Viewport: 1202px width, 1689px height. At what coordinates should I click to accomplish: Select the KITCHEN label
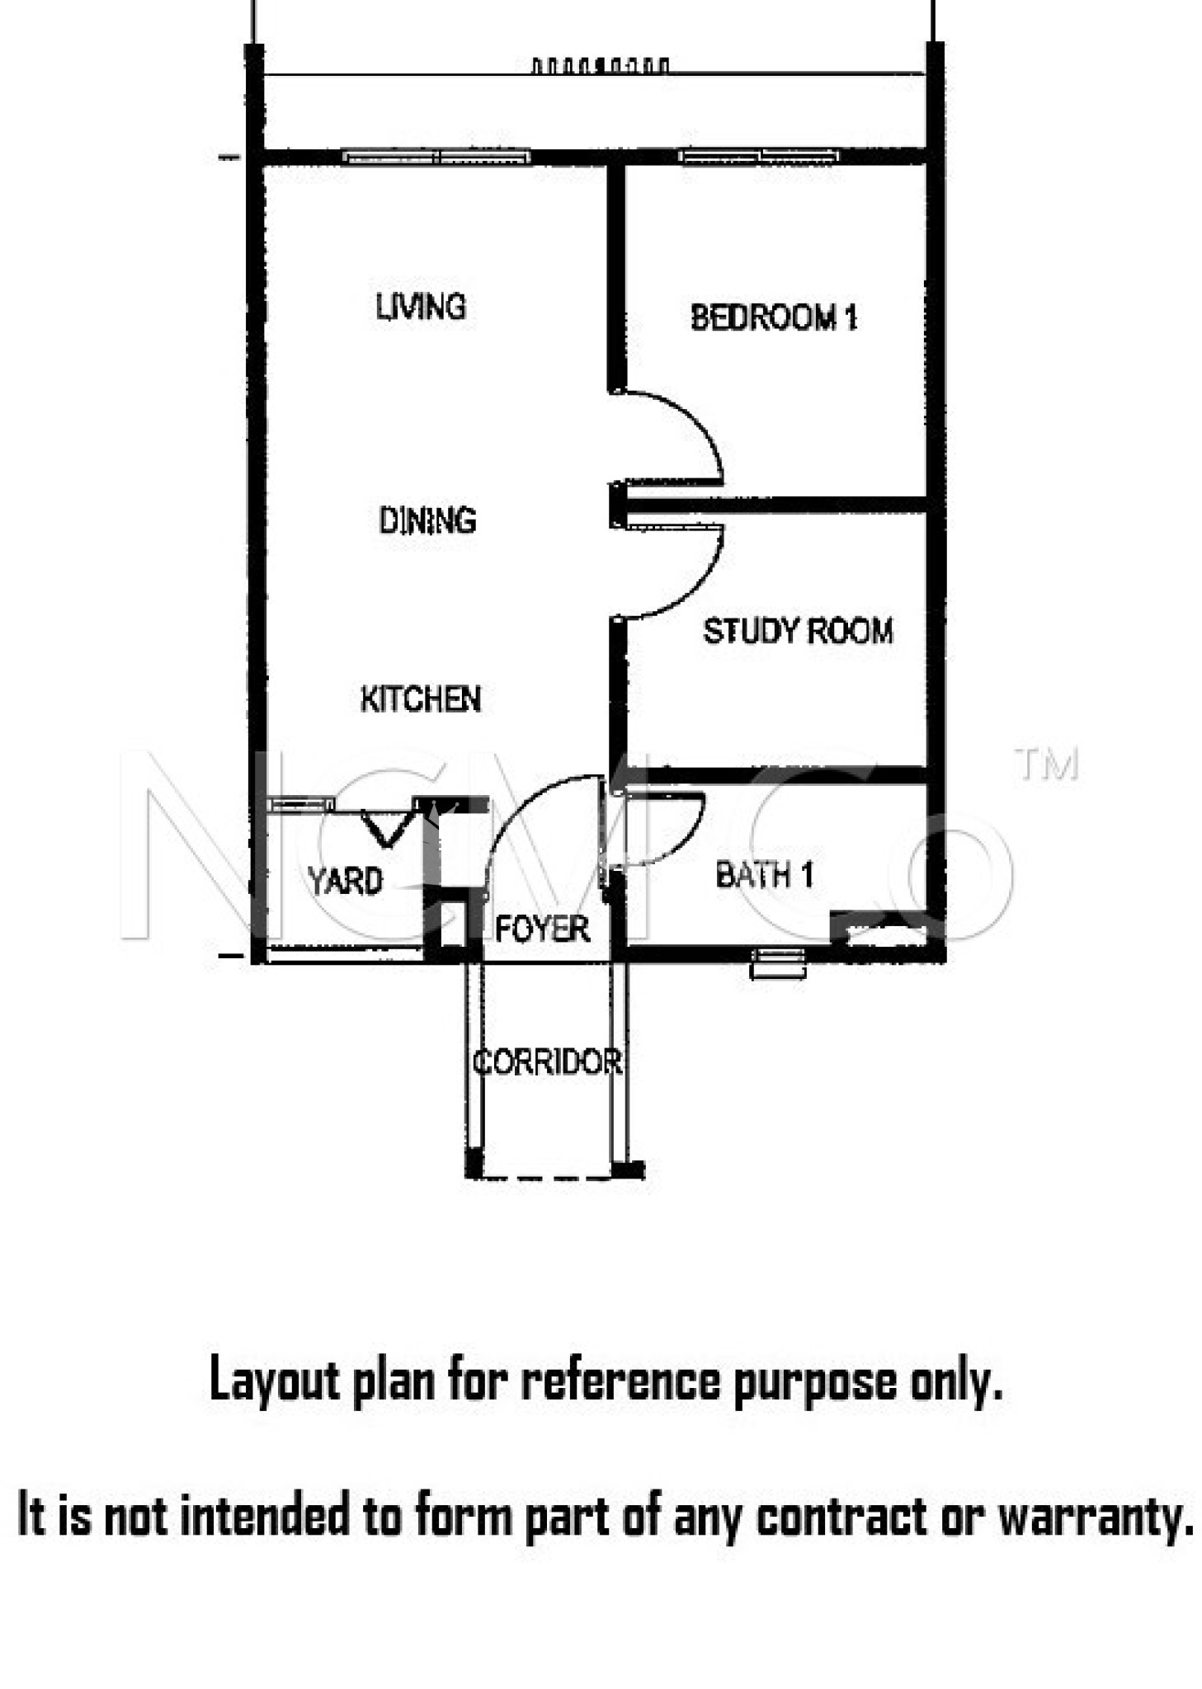420,699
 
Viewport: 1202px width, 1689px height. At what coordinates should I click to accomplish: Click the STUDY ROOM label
797,631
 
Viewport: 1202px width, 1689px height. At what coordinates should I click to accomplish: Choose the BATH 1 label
764,874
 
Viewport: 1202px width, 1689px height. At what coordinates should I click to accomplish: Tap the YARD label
345,881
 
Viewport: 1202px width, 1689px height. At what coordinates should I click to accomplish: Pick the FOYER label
542,929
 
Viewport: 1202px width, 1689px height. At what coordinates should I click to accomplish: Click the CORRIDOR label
547,1062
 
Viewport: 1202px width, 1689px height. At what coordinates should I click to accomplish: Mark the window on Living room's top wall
436,156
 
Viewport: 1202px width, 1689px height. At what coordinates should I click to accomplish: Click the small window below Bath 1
777,963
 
